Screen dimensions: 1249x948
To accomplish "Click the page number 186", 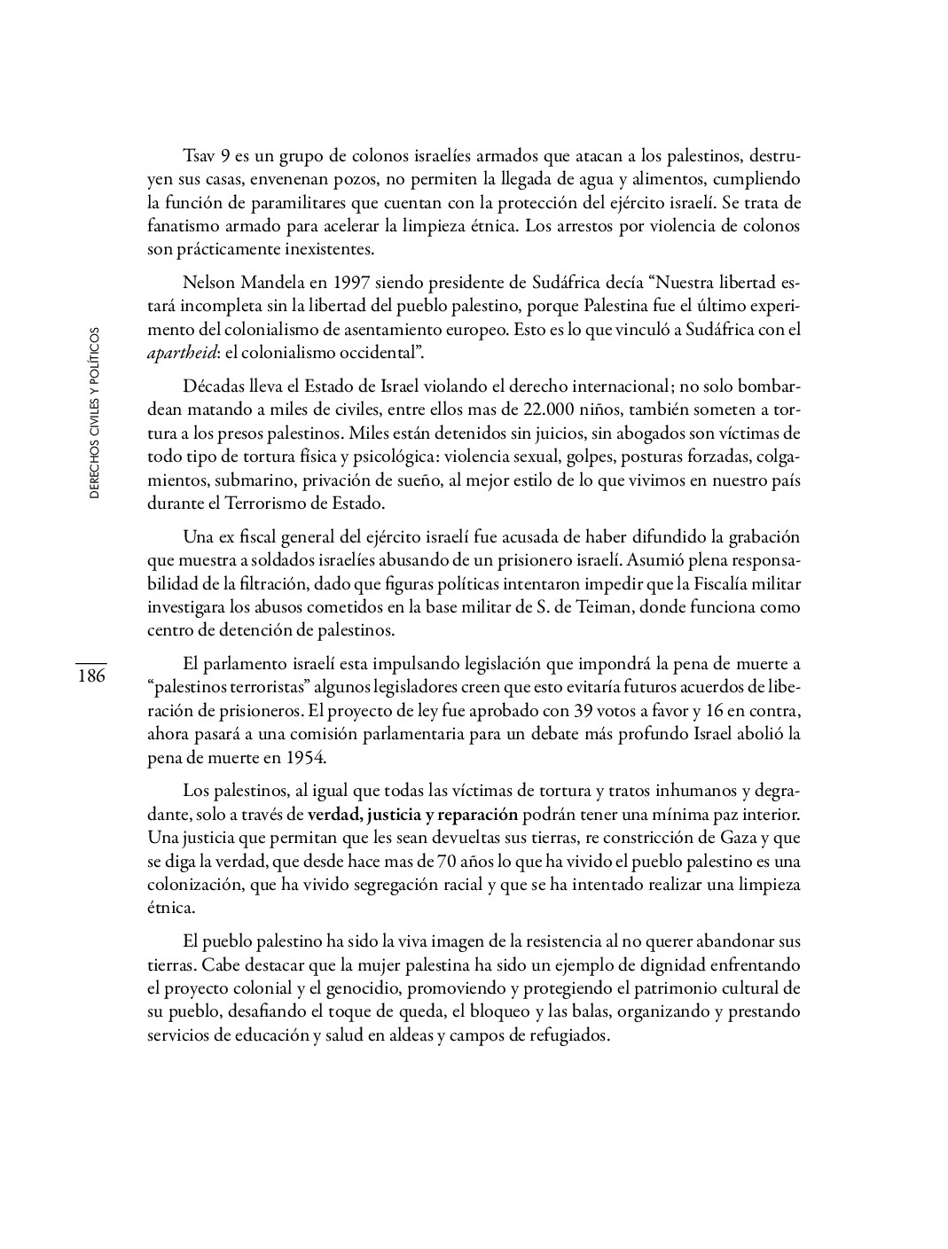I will [x=90, y=676].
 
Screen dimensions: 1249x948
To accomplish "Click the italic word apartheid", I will [x=180, y=353].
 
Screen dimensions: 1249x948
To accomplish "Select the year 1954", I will [x=306, y=757].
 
